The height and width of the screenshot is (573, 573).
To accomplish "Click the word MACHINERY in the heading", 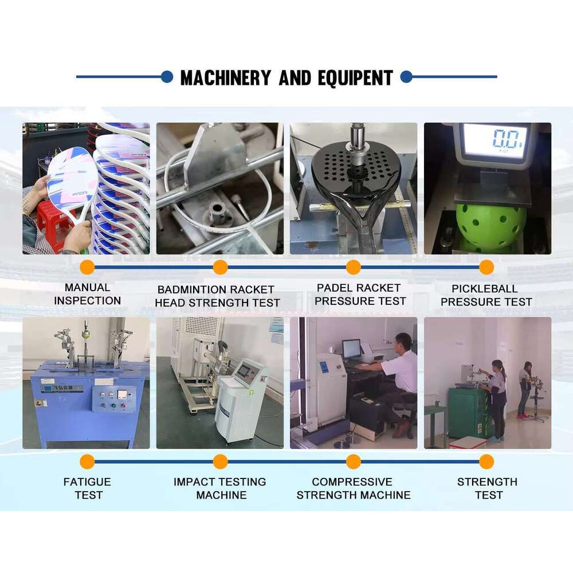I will pos(225,77).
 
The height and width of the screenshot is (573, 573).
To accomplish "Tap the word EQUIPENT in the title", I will pos(352,77).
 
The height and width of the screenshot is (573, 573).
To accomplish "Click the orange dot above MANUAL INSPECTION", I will pos(87,267).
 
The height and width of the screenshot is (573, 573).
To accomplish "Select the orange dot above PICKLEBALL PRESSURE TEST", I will pos(486,267).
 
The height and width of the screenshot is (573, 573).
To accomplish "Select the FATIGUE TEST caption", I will pos(88,488).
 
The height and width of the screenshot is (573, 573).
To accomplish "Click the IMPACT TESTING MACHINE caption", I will pos(220,488).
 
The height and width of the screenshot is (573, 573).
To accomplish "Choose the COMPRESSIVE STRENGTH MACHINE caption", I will pos(353,488).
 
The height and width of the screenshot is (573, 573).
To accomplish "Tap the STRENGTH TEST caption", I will pos(487,488).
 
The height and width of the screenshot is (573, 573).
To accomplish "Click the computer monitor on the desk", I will pos(351,348).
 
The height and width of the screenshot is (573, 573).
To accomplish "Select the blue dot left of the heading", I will pos(167,77).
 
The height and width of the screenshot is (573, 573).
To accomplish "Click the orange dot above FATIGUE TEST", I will pos(87,461).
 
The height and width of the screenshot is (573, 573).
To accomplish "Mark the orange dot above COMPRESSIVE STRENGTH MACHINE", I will pos(354,461).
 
